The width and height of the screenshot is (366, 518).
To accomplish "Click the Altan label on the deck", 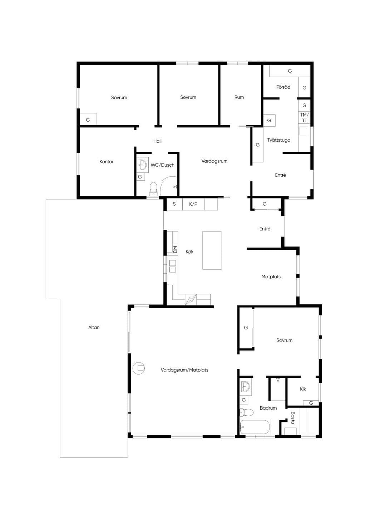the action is (x=94, y=327).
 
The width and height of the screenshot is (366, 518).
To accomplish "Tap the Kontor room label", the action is (x=107, y=161).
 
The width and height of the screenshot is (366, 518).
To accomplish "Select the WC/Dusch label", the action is (x=162, y=165).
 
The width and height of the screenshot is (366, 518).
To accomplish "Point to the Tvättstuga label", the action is (x=279, y=140).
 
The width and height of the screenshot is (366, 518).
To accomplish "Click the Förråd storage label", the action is (x=283, y=87).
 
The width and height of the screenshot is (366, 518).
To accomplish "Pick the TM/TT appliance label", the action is (x=305, y=117).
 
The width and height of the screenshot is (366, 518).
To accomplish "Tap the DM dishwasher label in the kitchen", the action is (x=175, y=249).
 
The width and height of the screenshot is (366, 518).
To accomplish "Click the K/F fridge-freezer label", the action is (x=193, y=204).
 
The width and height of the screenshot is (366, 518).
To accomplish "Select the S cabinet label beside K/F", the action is (x=174, y=204).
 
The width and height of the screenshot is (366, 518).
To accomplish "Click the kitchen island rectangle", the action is (x=212, y=250).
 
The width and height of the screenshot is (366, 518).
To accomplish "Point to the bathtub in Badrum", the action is (x=254, y=427).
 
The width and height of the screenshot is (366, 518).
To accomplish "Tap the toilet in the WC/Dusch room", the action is (x=153, y=189).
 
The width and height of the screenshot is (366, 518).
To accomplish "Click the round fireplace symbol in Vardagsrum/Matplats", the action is (x=139, y=368).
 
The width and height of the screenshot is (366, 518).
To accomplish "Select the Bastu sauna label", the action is (x=293, y=417).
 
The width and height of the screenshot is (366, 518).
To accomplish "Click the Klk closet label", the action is (x=303, y=389).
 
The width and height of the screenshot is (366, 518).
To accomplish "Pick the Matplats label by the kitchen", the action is (x=271, y=277).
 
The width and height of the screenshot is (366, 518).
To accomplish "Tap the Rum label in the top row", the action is (x=239, y=97).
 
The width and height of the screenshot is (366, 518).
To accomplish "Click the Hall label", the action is (x=157, y=141).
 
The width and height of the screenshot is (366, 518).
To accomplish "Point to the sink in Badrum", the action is (x=245, y=387).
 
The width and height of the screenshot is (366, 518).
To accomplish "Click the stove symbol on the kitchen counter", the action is (x=191, y=300).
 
